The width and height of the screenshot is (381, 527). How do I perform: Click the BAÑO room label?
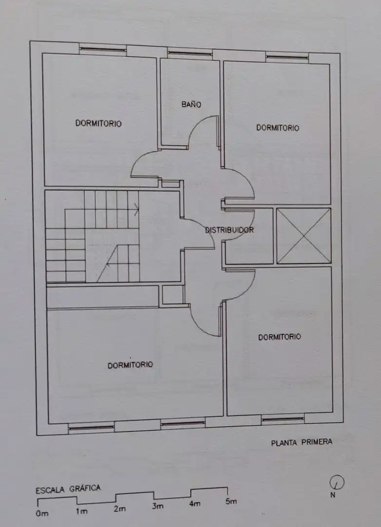191,104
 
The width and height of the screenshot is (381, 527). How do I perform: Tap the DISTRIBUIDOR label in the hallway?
229,230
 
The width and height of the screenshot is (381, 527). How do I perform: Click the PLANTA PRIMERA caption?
302,442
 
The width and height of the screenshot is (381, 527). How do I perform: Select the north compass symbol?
337,483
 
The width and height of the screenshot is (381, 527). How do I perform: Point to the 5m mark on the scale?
231,501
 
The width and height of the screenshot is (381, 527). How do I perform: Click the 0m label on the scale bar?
42,513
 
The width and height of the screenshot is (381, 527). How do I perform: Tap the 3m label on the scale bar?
158,506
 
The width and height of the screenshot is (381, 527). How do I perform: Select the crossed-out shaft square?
304,236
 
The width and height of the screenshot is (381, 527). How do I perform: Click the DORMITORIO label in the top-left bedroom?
98,123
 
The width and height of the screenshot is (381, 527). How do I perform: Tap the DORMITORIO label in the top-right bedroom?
278,128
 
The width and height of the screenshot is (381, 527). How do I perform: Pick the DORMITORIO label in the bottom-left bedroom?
130,365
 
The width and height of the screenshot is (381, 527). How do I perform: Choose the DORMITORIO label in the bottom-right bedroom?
280,337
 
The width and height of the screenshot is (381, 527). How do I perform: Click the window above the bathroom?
190,53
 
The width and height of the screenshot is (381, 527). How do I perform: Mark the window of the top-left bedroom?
103,50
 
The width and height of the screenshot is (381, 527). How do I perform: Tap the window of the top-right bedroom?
287,58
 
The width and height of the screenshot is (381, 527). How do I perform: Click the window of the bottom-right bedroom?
283,419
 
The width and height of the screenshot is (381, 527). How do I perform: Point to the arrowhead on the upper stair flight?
137,209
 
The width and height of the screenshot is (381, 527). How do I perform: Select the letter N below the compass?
333,495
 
